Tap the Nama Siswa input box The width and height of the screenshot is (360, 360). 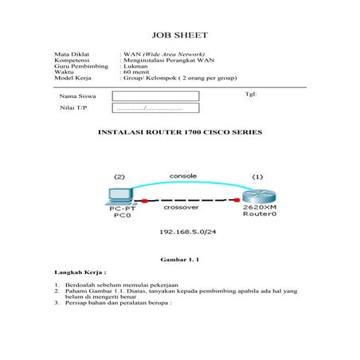(x=155, y=96)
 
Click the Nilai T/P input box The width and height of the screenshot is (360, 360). (x=155, y=108)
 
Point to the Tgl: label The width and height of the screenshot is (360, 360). (x=251, y=93)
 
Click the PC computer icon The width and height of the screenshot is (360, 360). (x=120, y=195)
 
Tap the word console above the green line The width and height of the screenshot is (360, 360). (x=182, y=175)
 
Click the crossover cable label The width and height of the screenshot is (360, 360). (x=182, y=206)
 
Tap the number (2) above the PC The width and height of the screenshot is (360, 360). (x=119, y=176)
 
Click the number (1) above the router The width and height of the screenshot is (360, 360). (x=257, y=176)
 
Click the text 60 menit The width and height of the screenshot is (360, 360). (x=136, y=72)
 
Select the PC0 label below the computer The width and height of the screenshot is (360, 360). (x=122, y=215)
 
